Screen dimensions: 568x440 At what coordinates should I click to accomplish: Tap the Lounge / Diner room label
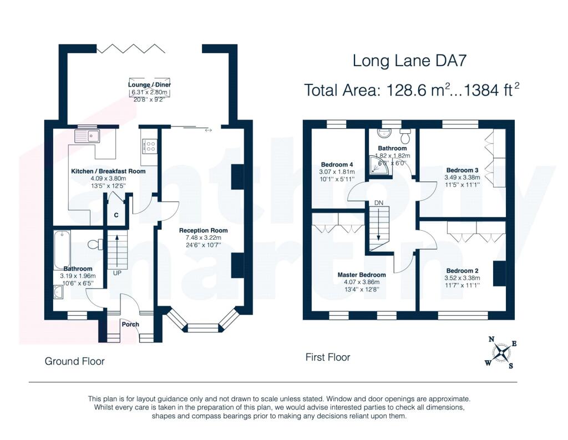pos(149,85)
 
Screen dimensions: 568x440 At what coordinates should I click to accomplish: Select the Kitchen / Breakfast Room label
pos(108,171)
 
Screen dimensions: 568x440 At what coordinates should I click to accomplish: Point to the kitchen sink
pos(87,136)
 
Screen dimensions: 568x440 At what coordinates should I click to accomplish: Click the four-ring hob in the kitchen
pos(150,146)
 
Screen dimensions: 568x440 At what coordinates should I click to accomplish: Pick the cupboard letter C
pos(116,215)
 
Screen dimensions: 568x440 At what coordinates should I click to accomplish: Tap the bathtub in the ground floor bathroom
pos(62,250)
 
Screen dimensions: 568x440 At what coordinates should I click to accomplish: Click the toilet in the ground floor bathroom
pos(95,244)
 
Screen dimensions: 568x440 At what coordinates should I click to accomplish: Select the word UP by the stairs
pos(117,273)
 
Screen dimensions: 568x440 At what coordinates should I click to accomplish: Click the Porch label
pos(130,325)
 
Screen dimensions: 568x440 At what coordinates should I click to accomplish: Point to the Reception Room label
pos(203,230)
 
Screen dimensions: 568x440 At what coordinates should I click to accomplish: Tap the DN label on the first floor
pos(379,203)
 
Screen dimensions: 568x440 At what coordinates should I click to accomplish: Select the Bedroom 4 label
pos(337,165)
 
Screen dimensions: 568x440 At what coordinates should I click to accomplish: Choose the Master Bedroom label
pos(362,275)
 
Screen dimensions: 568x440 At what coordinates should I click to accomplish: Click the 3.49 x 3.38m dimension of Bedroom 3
pos(462,178)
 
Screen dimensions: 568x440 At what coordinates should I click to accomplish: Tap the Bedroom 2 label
pos(462,271)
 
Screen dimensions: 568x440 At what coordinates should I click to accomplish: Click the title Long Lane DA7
pos(409,60)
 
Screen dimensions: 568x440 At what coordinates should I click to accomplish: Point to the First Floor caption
pos(328,357)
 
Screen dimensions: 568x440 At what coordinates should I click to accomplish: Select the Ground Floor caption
pos(75,361)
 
